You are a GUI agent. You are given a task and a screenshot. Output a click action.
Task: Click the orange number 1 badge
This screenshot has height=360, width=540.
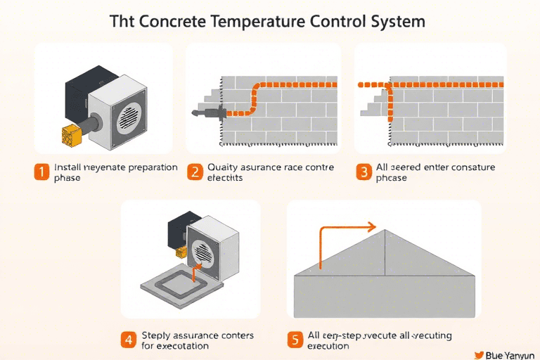click(x=42, y=172)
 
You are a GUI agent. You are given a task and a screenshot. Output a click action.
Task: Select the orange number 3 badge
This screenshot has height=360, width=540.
click(x=364, y=172)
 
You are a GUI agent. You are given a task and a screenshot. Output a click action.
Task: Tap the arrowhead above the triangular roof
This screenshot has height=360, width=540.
click(x=373, y=228)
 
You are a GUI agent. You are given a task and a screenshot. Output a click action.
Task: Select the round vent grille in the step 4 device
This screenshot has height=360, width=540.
click(x=203, y=251)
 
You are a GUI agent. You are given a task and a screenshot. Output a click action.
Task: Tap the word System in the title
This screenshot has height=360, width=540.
click(x=393, y=21)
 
